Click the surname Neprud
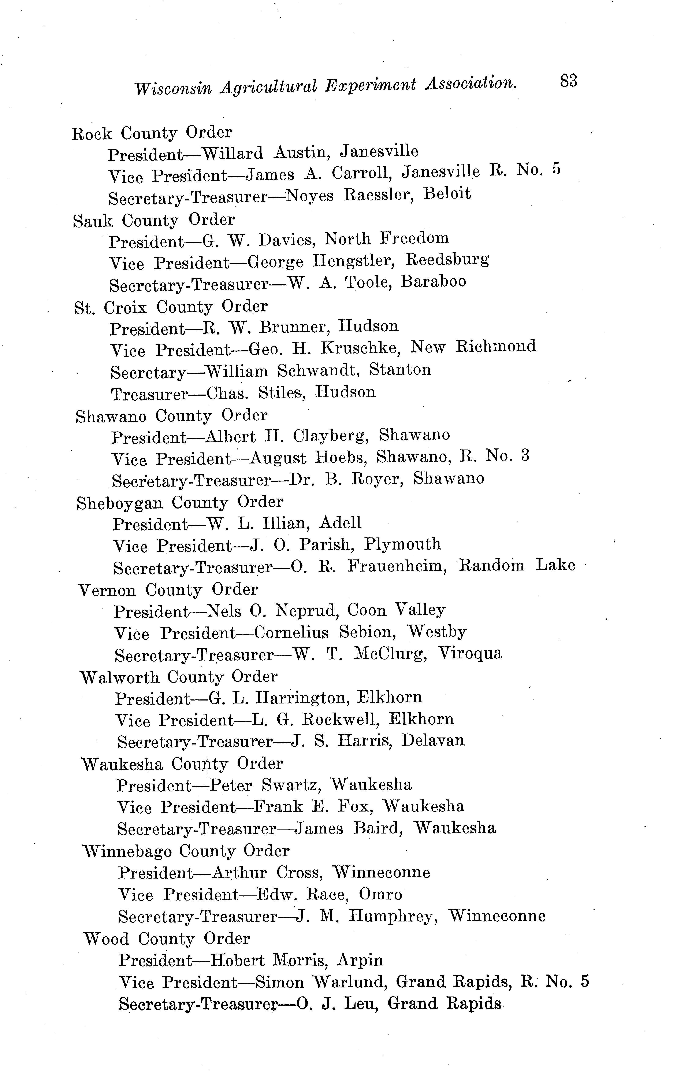pos(306,610)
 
